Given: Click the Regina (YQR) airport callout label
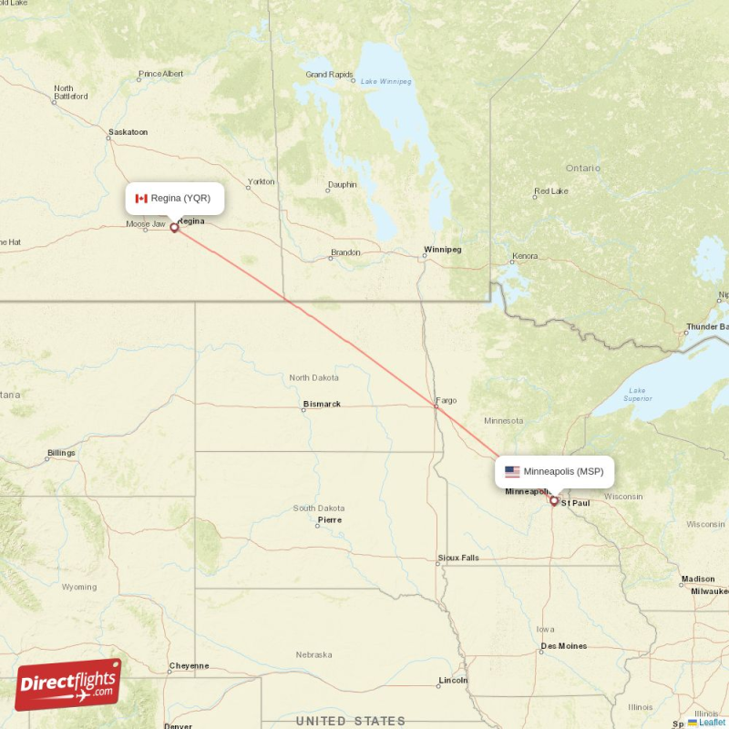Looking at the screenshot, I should pos(174,198).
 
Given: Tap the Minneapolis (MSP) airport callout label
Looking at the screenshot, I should pos(555,471).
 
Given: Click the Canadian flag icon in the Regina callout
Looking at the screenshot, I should pos(141,198).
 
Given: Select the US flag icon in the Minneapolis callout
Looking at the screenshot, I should pos(512,471).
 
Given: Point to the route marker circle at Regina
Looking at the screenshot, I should pos(174,228).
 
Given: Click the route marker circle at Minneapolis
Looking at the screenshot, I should pos(553,500).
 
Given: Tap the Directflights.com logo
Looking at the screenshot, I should pos(68,684).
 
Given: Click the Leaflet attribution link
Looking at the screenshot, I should pos(712,723).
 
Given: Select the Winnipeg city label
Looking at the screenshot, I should pos(443,249).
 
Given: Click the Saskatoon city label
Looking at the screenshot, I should pos(128,132).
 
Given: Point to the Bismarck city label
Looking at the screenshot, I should pos(322,404).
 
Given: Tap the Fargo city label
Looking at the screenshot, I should pos(447,400).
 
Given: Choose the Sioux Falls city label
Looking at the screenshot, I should pos(457,557).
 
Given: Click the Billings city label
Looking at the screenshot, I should pos(61,453).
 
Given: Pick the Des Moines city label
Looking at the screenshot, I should pos(563,646).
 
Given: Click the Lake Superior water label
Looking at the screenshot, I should pos(637,395).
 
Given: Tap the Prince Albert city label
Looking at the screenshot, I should pos(160,74).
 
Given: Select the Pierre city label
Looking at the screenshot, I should pos(329,520).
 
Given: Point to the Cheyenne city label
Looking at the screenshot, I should pos(189,666).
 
